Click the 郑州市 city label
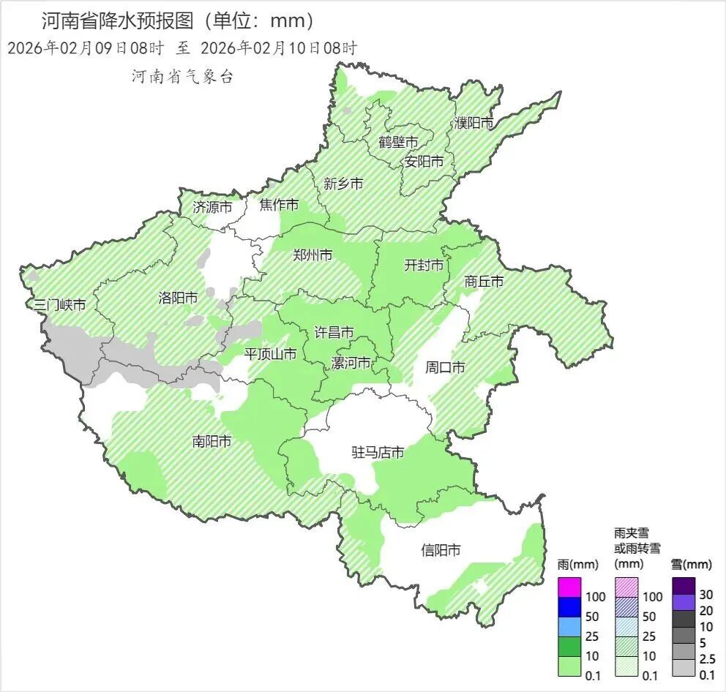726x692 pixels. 313,255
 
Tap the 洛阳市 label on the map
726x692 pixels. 178,298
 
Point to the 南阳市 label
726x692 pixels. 212,442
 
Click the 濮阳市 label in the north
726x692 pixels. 474,124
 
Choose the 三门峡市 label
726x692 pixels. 61,305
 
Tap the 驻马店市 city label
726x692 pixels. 378,453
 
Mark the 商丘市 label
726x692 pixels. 484,282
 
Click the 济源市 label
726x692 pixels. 212,207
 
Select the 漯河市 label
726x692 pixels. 351,364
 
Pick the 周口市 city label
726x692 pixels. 445,368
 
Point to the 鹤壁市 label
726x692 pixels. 398,142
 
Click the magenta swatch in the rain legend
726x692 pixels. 569,587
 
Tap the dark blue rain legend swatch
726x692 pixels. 569,606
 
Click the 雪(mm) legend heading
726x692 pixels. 691,565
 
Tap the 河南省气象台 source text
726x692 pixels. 182,77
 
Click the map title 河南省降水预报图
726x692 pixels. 117,20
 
